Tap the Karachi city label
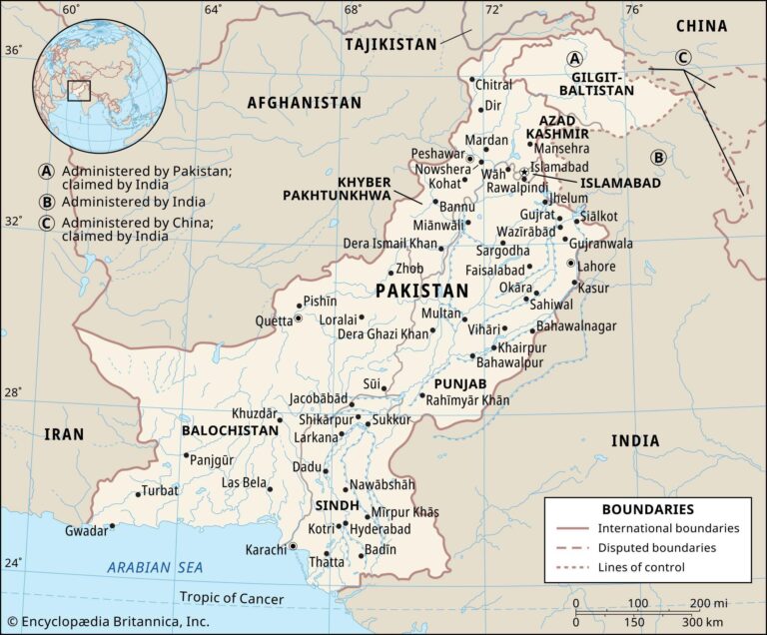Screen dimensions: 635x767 point(266,550)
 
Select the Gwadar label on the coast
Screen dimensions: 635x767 point(86,531)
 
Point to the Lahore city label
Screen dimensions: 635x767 point(597,267)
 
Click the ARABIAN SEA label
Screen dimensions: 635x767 point(155,567)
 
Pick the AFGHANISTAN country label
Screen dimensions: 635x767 point(304,103)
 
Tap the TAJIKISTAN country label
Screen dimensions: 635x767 point(390,44)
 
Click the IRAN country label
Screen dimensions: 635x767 point(64,433)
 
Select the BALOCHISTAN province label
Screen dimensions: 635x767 point(230,430)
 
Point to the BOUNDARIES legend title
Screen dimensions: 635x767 point(647,509)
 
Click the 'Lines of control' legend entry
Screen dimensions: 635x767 point(641,567)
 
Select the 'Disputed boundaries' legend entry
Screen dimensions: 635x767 point(656,548)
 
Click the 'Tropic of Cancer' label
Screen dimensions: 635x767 point(231,599)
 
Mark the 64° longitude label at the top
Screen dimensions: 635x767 point(213,9)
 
